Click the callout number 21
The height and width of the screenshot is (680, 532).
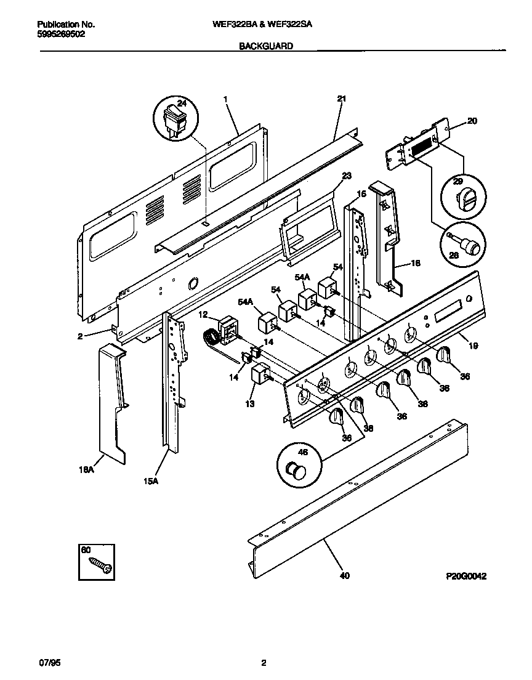click(342, 99)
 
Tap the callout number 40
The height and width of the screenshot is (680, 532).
click(344, 576)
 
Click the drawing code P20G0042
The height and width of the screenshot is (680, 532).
click(467, 577)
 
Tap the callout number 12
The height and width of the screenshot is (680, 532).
click(204, 314)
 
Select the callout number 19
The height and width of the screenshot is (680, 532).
click(473, 347)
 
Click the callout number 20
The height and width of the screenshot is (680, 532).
click(472, 121)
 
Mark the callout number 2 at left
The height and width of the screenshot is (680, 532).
click(80, 336)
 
